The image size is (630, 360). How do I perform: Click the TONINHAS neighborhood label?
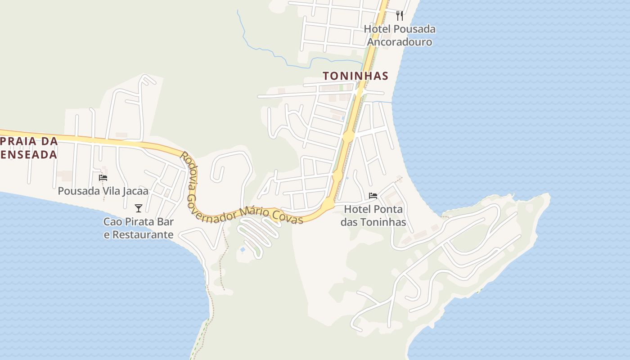355,76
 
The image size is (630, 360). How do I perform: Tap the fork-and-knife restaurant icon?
400,16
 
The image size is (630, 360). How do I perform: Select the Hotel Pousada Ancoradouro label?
400,36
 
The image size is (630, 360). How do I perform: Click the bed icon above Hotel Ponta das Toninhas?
373,196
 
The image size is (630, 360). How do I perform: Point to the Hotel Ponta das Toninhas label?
373,216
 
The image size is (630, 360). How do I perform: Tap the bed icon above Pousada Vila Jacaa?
103,178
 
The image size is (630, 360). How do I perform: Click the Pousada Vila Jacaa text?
103,191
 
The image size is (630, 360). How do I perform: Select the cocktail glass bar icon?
139,208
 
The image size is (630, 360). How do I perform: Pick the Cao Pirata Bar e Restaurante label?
139,228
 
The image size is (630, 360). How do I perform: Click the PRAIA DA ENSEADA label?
29,148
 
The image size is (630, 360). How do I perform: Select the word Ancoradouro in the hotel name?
400,42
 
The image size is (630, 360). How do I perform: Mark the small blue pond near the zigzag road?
243,249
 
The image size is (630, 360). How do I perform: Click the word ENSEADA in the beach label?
29,155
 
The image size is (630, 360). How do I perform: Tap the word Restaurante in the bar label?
143,234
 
